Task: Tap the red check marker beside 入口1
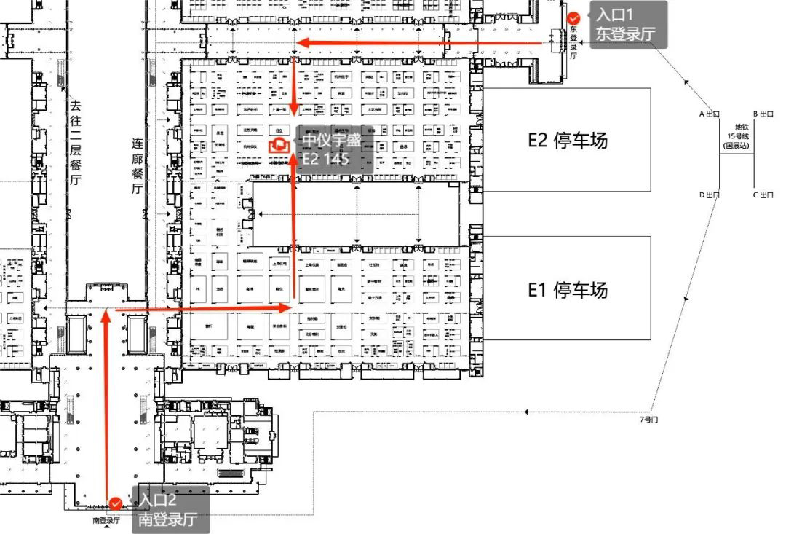pos(574,17)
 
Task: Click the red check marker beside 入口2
pos(116,503)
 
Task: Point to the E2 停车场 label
pos(567,140)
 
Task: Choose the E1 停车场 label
pos(567,290)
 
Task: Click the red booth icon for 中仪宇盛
pos(278,145)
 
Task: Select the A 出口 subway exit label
pos(709,114)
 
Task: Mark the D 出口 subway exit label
pos(709,195)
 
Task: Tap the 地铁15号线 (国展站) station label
pos(736,136)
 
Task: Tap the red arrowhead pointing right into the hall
pos(286,309)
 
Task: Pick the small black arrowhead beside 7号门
pos(527,412)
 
